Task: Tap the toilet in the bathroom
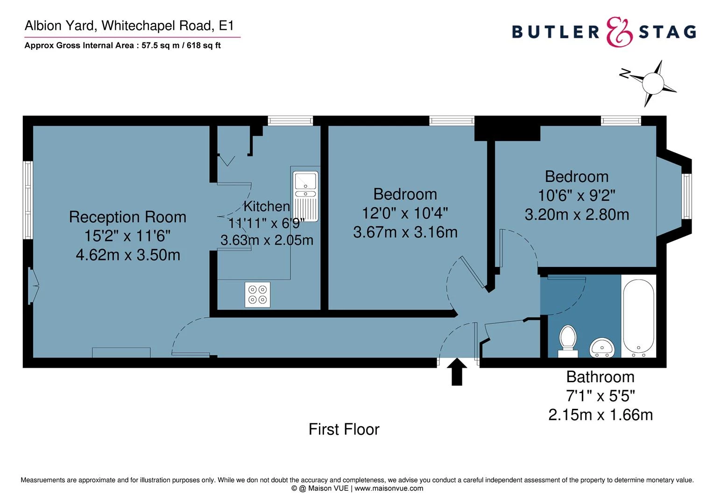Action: [x=568, y=338]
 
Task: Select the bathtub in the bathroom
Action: [x=638, y=316]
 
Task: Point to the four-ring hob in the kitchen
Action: [x=258, y=294]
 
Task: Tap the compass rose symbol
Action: [x=653, y=84]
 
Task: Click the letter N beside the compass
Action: [x=624, y=74]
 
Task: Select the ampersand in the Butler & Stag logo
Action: [x=619, y=32]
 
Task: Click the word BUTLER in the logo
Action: [x=556, y=32]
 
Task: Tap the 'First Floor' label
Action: [x=344, y=429]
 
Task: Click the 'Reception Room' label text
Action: [x=127, y=217]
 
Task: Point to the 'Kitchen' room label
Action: [x=267, y=206]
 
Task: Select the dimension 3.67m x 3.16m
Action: [x=405, y=232]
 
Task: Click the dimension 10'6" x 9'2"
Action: [x=577, y=195]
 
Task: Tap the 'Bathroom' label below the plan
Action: [x=600, y=377]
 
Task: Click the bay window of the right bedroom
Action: [x=686, y=196]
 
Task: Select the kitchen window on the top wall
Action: [x=290, y=120]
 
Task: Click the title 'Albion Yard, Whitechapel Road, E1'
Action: [x=129, y=26]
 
